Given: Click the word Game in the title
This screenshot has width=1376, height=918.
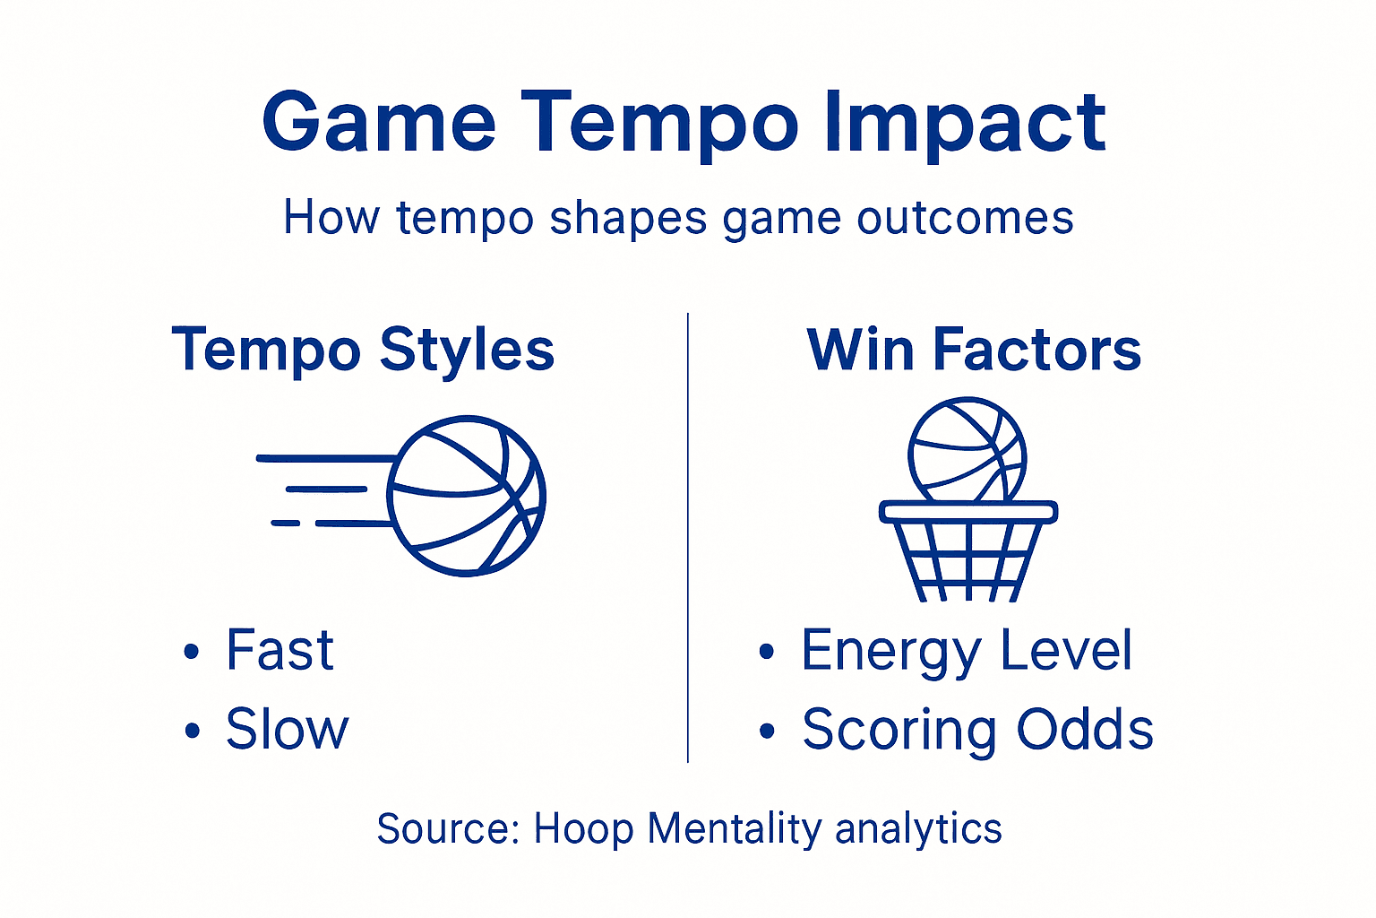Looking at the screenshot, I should (x=378, y=122).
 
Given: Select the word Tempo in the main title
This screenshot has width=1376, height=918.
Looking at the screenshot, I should (x=658, y=122).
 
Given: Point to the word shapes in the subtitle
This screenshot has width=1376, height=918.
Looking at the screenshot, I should (x=627, y=218).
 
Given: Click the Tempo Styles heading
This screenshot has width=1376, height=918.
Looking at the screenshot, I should (x=363, y=349).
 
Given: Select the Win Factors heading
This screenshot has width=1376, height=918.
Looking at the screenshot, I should (x=974, y=349).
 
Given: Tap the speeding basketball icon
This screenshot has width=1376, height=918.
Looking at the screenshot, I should (x=467, y=495).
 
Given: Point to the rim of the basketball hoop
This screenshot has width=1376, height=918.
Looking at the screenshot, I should (x=967, y=512).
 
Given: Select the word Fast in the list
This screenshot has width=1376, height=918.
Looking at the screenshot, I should (x=279, y=650).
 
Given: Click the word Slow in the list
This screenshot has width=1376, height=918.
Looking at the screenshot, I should (x=287, y=729).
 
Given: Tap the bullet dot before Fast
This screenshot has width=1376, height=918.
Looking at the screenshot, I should (x=191, y=652).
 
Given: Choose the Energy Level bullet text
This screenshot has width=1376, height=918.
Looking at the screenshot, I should (x=966, y=650).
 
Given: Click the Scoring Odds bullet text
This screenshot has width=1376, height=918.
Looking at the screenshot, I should (x=976, y=729).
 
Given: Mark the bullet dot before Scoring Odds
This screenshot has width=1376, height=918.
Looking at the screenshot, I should (x=766, y=731).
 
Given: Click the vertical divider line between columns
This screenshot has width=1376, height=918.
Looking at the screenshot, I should (x=687, y=538).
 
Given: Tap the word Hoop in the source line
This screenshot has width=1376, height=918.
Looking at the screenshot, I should (x=583, y=828).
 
